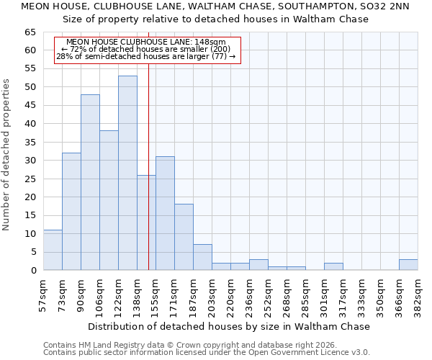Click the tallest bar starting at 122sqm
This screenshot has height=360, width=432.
pos(127,173)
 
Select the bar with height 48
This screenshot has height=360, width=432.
pos(90,182)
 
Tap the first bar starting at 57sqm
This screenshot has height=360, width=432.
pos(53,250)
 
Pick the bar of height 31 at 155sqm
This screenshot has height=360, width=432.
pos(165,213)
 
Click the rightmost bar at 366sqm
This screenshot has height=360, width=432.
pos(408,264)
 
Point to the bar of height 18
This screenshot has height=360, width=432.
pos(184,237)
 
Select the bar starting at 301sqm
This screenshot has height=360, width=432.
pos(333,266)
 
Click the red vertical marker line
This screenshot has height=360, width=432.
pos(148,158)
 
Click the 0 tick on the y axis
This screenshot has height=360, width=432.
pos(33,271)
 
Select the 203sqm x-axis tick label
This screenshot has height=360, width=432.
pos(212,294)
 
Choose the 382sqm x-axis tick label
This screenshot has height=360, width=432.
pos(418,294)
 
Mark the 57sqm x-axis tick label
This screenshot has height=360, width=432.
pos(43,294)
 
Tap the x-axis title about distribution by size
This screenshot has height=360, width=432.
pos(230,326)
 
